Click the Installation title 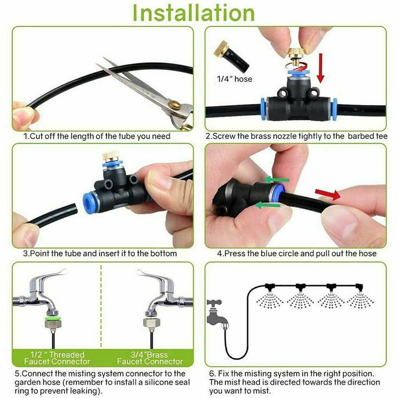pos(199,13)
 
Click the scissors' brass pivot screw pos(174,105)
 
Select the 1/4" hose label pos(234,79)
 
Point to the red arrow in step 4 pos(327,194)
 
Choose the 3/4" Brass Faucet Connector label pos(150,358)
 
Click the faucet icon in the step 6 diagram pos(217,312)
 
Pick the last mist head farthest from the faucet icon pos(360,287)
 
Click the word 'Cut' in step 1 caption pos(37,136)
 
